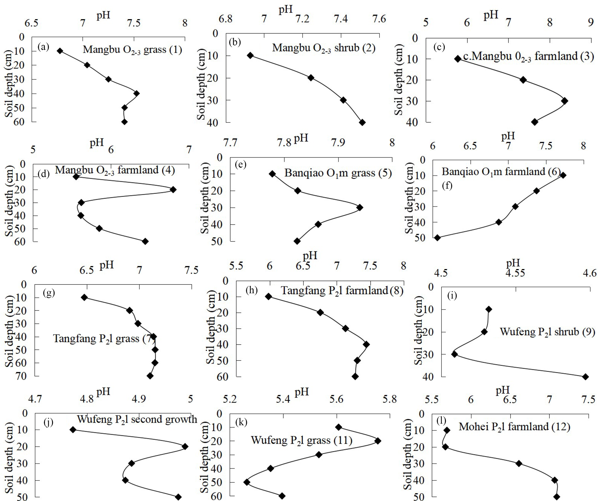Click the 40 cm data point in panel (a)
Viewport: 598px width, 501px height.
coord(137,93)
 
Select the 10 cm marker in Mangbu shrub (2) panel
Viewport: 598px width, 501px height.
coord(251,55)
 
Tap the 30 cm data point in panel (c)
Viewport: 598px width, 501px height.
coord(564,101)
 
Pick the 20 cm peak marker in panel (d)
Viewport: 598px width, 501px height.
coord(173,190)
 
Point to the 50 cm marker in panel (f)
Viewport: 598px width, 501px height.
coord(437,238)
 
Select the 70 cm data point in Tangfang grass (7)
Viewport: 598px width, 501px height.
coord(150,376)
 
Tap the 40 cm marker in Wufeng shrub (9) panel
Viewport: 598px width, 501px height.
coord(586,377)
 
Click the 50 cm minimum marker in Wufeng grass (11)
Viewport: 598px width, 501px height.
coord(247,482)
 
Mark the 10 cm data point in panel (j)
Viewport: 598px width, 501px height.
coord(73,430)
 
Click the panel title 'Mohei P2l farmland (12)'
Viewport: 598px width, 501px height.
coord(514,427)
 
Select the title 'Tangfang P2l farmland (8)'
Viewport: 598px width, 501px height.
coord(342,290)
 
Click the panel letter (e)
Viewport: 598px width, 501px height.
coord(240,164)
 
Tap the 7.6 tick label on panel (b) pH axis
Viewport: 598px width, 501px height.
coord(379,19)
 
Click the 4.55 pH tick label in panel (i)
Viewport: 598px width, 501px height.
coord(515,273)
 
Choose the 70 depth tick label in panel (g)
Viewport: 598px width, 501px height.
coord(20,376)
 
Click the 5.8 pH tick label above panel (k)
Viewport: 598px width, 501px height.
coord(389,399)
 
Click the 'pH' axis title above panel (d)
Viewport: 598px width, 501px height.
coord(96,142)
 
